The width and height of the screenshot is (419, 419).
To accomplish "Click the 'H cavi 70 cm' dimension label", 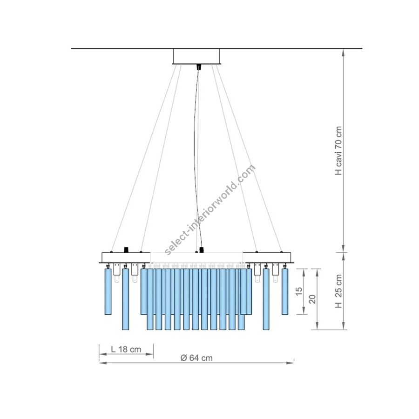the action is pyautogui.click(x=338, y=151).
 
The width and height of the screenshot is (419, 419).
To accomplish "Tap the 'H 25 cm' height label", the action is pyautogui.click(x=338, y=291).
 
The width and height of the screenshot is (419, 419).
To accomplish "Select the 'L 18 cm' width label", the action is pyautogui.click(x=126, y=349).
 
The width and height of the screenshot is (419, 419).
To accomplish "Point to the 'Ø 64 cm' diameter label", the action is pyautogui.click(x=196, y=358).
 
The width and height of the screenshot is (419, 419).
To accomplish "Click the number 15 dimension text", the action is pyautogui.click(x=299, y=291).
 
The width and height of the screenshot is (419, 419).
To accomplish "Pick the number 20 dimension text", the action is pyautogui.click(x=312, y=299).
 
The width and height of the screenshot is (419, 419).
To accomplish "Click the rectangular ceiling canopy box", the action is pyautogui.click(x=196, y=56).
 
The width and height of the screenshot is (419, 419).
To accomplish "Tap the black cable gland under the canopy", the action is pyautogui.click(x=198, y=67).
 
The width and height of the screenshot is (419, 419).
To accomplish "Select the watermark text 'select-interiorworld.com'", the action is pyautogui.click(x=209, y=210).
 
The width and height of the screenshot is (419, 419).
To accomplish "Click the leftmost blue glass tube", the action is pyautogui.click(x=108, y=291).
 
